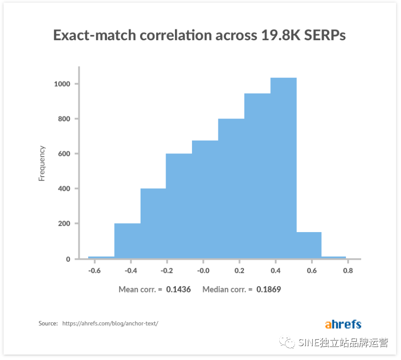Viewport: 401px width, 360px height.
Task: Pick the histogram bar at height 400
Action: [x=153, y=223]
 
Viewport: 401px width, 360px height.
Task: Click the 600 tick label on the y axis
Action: [x=64, y=154]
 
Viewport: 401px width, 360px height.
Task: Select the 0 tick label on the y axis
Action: [x=68, y=259]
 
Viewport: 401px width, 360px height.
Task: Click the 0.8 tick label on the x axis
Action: [x=348, y=271]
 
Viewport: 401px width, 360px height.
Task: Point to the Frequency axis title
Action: [x=42, y=163]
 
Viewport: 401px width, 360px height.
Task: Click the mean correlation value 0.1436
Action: [x=179, y=289]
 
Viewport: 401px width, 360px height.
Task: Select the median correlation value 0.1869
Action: [x=269, y=289]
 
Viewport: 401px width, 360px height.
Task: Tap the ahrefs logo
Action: [x=343, y=324]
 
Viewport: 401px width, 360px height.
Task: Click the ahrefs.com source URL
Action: [x=110, y=323]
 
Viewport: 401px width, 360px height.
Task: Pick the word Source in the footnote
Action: [x=47, y=323]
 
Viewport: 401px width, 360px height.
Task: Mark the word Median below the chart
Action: [x=216, y=289]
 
